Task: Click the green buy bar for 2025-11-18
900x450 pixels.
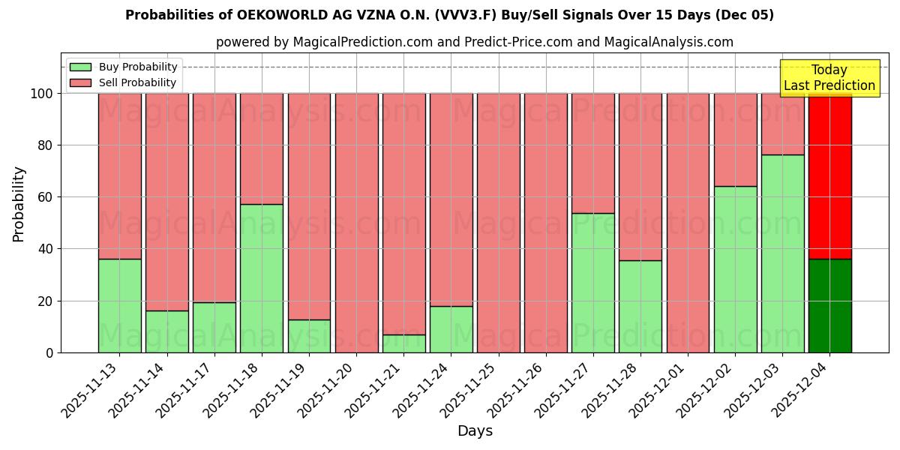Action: [262, 278]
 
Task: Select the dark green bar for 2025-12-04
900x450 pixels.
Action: [829, 306]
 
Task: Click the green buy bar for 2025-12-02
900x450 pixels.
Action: [735, 269]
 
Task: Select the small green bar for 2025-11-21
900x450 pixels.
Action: [403, 343]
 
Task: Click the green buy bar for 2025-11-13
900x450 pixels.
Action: [119, 306]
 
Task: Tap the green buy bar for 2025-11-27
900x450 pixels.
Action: [592, 283]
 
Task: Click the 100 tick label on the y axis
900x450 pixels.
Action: [41, 94]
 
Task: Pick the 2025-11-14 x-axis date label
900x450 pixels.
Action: [142, 388]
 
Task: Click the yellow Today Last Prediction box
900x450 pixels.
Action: [829, 78]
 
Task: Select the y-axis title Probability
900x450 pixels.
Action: [19, 204]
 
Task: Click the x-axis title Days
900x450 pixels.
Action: [475, 431]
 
